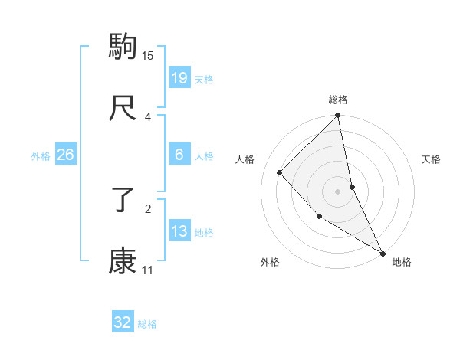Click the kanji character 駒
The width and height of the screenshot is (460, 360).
click(x=123, y=47)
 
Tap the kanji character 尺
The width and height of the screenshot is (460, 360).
click(x=123, y=109)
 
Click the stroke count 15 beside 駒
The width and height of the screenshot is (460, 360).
click(x=148, y=55)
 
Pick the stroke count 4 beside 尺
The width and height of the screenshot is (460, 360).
click(x=148, y=117)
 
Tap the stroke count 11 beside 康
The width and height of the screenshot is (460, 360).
click(x=148, y=270)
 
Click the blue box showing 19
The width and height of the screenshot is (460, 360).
click(x=179, y=77)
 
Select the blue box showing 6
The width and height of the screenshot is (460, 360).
click(x=179, y=155)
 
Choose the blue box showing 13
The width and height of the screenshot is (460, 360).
click(x=179, y=231)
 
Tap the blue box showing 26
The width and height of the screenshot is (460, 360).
click(x=65, y=155)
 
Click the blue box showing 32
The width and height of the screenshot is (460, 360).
click(x=123, y=322)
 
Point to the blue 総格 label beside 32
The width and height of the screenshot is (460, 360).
click(x=147, y=324)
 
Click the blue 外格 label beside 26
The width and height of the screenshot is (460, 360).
click(x=41, y=156)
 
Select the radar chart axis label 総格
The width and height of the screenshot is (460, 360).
click(x=338, y=100)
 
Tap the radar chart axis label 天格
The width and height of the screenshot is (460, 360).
click(x=432, y=159)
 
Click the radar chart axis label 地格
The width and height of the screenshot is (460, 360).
click(x=402, y=262)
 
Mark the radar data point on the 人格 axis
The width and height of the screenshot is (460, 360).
click(x=280, y=172)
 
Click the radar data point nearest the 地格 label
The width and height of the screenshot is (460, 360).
click(x=383, y=253)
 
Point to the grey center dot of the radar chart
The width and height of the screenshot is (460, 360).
click(x=338, y=191)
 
